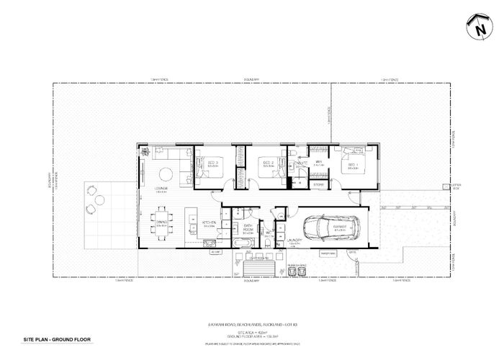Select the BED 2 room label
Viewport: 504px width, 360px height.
266,165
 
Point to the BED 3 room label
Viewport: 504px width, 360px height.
213,165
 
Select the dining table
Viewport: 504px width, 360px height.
162,222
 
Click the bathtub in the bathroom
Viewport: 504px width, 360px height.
246,245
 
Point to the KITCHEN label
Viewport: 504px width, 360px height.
210,223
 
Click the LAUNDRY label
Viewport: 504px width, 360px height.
293,240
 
